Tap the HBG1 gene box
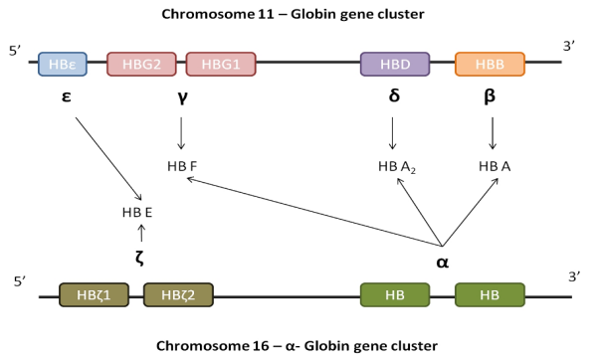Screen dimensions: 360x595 tap(221, 65)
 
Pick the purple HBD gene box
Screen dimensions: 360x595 tap(395, 65)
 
